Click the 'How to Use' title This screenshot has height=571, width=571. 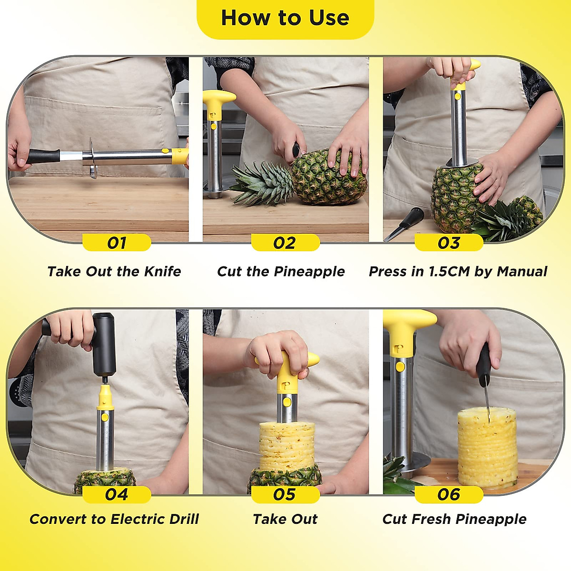click(x=285, y=18)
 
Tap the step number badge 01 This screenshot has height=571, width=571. click(x=117, y=243)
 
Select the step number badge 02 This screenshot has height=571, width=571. click(x=285, y=243)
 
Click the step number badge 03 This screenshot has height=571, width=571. click(x=449, y=243)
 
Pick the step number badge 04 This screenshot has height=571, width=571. click(x=117, y=494)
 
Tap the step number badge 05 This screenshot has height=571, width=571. click(x=285, y=494)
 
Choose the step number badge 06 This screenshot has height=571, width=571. click(x=449, y=494)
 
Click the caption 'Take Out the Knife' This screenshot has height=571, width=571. click(x=114, y=271)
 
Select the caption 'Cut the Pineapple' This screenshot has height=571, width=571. click(x=281, y=271)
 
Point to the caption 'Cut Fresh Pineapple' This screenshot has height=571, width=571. click(x=454, y=519)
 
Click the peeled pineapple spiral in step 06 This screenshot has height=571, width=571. click(x=487, y=447)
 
